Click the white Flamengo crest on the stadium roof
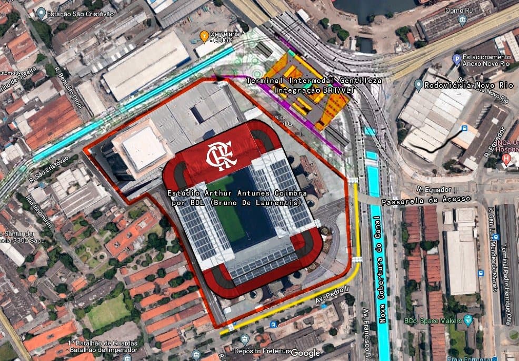pyautogui.click(x=217, y=154)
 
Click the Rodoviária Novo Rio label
pyautogui.click(x=463, y=85)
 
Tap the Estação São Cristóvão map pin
pyautogui.click(x=42, y=13)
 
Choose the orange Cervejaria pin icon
pyautogui.click(x=204, y=36)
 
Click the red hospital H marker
pyautogui.click(x=506, y=158)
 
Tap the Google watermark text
pyautogui.click(x=306, y=353)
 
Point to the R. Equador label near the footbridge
pyautogui.click(x=427, y=188)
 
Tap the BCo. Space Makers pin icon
pyautogui.click(x=467, y=319)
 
